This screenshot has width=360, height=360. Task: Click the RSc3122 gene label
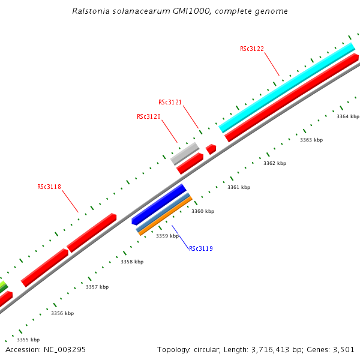(252, 49)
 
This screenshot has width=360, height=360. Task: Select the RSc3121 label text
(170, 103)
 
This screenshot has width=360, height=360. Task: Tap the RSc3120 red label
(149, 116)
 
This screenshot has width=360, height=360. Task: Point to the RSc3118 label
(49, 187)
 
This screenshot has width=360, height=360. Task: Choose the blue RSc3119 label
(201, 248)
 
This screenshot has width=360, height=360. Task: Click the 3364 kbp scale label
(348, 116)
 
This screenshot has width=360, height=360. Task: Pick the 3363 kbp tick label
(311, 140)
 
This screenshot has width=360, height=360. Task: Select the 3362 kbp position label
(275, 163)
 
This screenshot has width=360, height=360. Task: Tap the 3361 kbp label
(239, 187)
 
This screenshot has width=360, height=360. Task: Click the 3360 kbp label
(203, 211)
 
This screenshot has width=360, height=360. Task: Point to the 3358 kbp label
(132, 262)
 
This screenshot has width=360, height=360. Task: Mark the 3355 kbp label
(28, 340)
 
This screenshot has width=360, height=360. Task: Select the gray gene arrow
(184, 153)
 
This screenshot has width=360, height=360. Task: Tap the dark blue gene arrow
(159, 204)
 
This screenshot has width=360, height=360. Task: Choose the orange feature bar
(166, 215)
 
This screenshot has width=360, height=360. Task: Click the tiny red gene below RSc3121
(211, 149)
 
